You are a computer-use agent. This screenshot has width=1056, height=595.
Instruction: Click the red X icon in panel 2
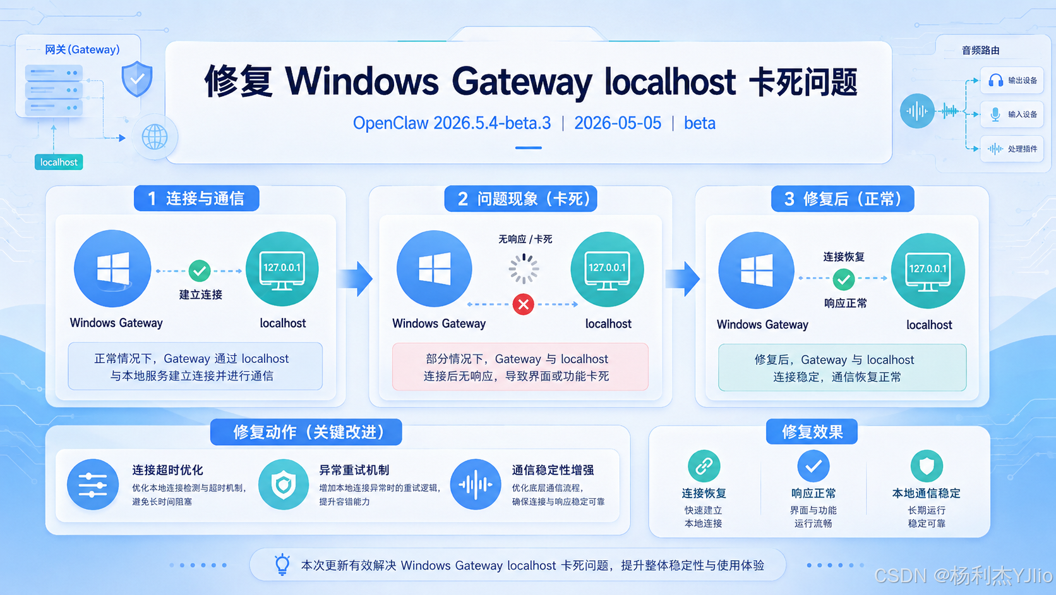click(x=524, y=304)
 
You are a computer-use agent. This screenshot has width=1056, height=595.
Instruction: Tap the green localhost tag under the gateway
click(x=59, y=163)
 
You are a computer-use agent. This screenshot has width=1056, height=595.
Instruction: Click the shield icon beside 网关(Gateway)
click(x=136, y=79)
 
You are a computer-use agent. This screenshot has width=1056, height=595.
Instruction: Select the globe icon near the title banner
click(x=155, y=137)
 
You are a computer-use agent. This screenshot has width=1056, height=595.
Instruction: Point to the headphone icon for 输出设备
click(x=995, y=80)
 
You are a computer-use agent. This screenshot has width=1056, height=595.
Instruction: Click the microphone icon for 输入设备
click(x=995, y=114)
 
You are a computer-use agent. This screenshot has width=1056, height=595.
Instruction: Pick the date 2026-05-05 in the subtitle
click(x=618, y=123)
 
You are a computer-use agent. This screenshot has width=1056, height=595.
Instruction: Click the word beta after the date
click(x=700, y=123)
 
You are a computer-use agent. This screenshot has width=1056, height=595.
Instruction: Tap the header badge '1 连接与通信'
click(x=196, y=198)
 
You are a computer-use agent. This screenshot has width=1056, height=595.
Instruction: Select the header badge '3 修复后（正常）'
click(x=843, y=199)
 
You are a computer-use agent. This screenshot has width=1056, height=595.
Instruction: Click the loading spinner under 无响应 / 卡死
click(x=524, y=269)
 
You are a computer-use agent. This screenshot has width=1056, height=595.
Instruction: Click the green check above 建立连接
click(x=200, y=271)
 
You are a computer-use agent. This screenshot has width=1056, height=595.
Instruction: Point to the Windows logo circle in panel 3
click(x=756, y=271)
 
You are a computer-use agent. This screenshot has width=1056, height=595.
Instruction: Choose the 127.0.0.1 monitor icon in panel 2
click(x=607, y=269)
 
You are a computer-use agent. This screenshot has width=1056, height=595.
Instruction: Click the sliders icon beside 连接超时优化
click(x=93, y=484)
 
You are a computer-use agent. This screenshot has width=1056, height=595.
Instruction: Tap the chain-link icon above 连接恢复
click(x=704, y=466)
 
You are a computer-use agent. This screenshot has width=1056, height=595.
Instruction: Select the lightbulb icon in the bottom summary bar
click(x=282, y=564)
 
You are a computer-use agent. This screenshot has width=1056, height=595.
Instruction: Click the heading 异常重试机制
click(x=354, y=470)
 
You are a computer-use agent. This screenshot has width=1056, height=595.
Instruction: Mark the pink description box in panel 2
click(x=520, y=367)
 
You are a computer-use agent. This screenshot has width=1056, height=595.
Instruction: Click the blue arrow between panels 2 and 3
click(x=683, y=279)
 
